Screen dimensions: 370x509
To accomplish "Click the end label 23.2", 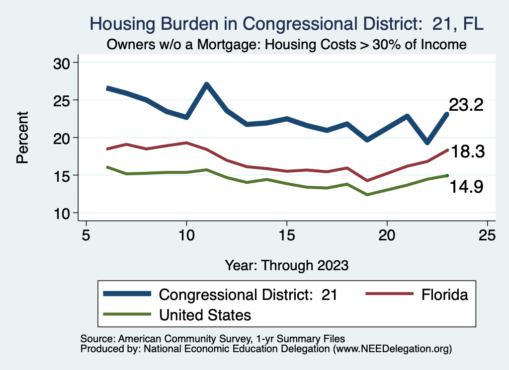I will tap(466, 105).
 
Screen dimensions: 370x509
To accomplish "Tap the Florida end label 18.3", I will tap(466, 152).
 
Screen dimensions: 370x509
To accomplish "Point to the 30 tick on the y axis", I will tap(63, 63).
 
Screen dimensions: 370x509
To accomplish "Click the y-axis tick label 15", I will tap(63, 175).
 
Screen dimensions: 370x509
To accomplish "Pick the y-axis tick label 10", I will tap(63, 213).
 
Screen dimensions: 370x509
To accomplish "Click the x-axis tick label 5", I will tap(86, 235).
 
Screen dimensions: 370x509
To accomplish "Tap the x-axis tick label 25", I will tap(487, 235).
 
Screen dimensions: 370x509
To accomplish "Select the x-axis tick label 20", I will tap(387, 235).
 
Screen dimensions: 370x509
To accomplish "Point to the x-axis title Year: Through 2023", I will tap(286, 265).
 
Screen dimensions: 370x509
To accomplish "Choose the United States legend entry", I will tap(205, 314).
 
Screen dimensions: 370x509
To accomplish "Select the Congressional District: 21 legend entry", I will tap(248, 295).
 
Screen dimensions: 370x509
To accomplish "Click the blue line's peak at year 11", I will tap(206, 84).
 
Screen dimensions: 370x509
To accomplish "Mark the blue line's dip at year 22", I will tap(427, 143).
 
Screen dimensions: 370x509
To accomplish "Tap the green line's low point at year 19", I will tap(367, 194).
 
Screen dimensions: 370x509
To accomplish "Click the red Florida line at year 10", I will tap(186, 143).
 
